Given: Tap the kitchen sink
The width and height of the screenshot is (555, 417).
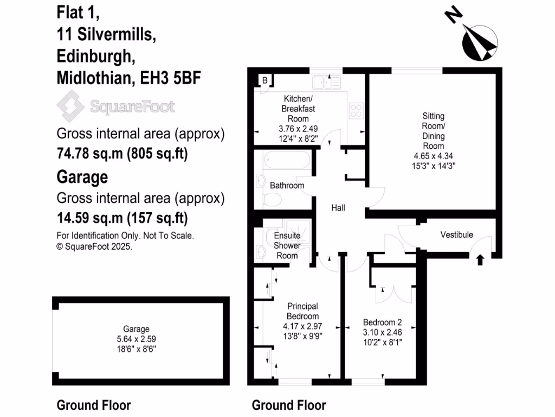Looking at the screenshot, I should click(x=325, y=82).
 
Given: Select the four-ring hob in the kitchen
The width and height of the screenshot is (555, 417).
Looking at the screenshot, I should click(x=357, y=111).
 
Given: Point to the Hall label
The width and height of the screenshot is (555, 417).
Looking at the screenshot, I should click(x=338, y=208).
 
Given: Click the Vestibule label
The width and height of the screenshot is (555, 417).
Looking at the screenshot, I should click(x=456, y=235).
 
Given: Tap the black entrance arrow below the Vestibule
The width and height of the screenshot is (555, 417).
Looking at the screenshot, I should click(x=479, y=260).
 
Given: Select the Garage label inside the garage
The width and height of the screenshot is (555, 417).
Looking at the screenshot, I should click(x=136, y=329).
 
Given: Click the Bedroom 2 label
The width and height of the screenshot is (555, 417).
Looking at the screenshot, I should click(x=382, y=321).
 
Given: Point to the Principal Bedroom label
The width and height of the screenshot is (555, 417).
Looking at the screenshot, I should click(x=303, y=311).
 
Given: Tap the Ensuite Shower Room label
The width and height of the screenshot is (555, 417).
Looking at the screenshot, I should click(x=287, y=245).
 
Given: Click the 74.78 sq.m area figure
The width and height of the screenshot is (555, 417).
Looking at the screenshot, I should click(x=90, y=154).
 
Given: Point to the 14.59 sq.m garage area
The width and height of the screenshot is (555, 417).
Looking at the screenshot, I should click(x=90, y=218).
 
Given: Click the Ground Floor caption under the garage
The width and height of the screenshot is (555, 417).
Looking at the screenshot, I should click(x=94, y=405).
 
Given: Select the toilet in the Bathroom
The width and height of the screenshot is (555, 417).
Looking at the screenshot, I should click(x=273, y=199).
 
